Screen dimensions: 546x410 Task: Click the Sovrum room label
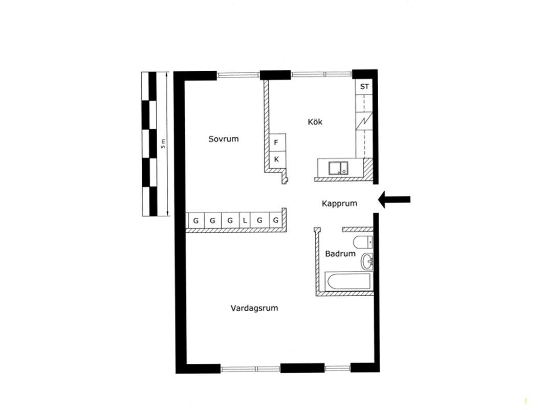(224, 139)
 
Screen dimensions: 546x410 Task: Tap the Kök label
(315, 121)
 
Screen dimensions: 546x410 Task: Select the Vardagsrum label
(254, 308)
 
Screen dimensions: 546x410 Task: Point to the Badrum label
(340, 254)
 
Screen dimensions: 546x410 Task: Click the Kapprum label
(339, 203)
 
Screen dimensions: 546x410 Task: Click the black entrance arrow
(394, 199)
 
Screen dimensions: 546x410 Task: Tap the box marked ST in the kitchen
(364, 87)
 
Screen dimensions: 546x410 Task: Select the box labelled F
(277, 142)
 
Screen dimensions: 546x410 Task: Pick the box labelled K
(277, 159)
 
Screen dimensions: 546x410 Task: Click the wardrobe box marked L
(245, 220)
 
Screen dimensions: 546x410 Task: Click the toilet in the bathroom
(363, 241)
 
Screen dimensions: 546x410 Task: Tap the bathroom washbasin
(367, 261)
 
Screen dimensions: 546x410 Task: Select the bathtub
(348, 282)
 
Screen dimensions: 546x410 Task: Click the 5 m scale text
(163, 143)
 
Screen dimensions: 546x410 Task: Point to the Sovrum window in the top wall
(238, 74)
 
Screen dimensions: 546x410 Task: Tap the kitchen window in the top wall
(321, 74)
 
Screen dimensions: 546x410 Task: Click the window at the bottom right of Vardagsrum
(338, 368)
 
